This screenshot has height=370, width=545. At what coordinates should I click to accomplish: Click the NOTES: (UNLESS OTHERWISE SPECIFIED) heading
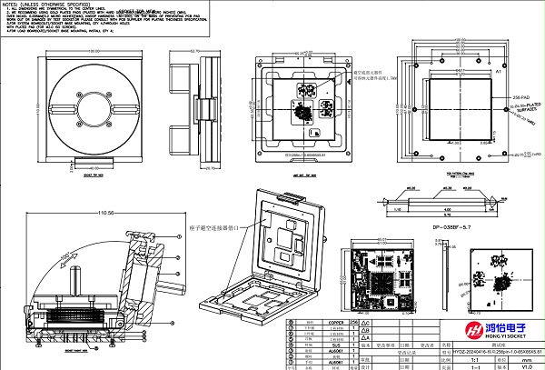pyautogui.click(x=45, y=5)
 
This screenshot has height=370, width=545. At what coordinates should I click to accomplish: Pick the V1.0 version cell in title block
pyautogui.click(x=524, y=365)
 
